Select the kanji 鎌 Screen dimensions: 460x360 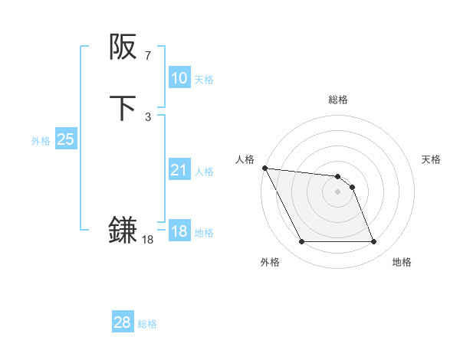[123, 230]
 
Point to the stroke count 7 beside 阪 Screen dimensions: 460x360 [147, 55]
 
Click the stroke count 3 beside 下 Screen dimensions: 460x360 [147, 116]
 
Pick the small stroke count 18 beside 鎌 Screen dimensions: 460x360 [147, 239]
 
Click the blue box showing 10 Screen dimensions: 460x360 [179, 78]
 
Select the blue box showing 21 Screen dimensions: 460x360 [179, 170]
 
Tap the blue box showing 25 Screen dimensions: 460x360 [65, 139]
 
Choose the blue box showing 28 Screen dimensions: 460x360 [122, 322]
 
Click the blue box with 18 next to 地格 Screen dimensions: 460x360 [179, 231]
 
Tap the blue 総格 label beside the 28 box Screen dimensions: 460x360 [147, 324]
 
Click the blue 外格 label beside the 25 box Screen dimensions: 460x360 [41, 141]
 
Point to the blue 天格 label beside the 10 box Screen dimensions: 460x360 [204, 80]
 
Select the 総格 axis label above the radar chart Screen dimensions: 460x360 [337, 100]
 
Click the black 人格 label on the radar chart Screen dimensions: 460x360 [245, 159]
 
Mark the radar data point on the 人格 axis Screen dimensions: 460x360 [264, 168]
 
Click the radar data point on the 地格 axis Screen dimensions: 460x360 [373, 242]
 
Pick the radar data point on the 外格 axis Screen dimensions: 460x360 [301, 242]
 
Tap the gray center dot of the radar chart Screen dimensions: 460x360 [337, 191]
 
